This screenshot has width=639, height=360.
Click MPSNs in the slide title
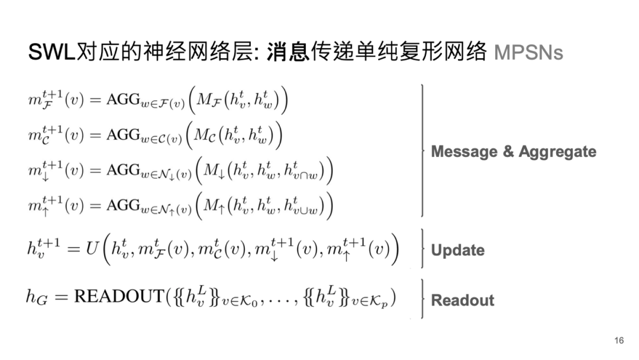[x=528, y=53]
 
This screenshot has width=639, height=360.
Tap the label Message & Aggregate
[x=513, y=152]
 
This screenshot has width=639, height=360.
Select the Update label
[x=457, y=250]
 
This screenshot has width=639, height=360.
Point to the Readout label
[x=462, y=300]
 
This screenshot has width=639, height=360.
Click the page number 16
[x=619, y=340]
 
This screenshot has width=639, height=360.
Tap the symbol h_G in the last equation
[x=37, y=298]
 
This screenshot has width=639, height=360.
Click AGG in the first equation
[x=122, y=101]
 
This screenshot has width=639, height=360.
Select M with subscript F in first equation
[x=208, y=101]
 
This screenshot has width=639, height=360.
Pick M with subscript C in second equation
[x=204, y=137]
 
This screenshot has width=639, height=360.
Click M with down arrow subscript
[x=212, y=172]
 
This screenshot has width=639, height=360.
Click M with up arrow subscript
[x=212, y=207]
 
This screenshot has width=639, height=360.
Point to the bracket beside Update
[x=422, y=249]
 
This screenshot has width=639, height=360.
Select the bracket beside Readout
[x=422, y=300]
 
